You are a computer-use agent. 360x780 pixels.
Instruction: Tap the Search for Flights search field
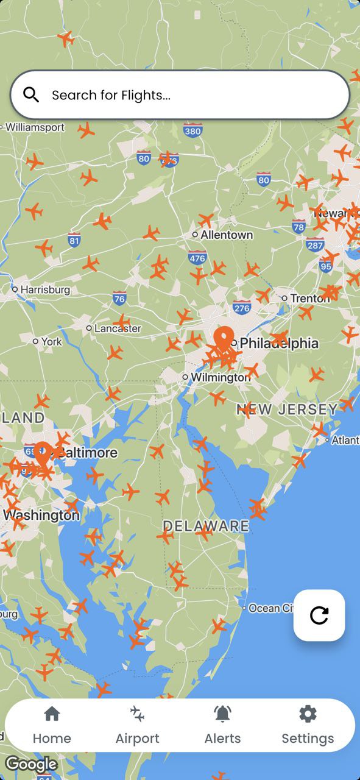tap(183, 95)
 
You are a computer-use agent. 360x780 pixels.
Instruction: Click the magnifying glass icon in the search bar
tap(31, 94)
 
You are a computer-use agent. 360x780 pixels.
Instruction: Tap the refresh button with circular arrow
tap(319, 615)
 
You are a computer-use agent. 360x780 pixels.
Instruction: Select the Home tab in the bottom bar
tap(52, 725)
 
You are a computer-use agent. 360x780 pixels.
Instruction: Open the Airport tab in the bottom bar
tap(138, 725)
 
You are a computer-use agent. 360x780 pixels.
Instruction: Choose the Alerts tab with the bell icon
tap(222, 725)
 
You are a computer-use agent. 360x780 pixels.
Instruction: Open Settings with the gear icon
tap(308, 725)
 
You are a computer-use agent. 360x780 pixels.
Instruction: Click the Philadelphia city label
tap(278, 344)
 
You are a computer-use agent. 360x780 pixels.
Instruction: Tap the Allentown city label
tap(227, 235)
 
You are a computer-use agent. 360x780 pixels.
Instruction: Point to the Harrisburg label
tap(45, 289)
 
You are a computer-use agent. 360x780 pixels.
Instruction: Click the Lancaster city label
tap(118, 328)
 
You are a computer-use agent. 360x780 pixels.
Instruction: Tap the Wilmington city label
tap(219, 377)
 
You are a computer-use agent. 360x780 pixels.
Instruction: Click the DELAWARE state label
tap(206, 526)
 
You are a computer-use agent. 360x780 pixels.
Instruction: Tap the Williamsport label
tap(35, 127)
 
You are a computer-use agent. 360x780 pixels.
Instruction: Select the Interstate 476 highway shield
tap(197, 258)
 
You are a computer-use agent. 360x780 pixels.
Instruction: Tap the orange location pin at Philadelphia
tap(224, 338)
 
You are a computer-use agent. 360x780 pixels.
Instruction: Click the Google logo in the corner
tap(31, 764)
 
